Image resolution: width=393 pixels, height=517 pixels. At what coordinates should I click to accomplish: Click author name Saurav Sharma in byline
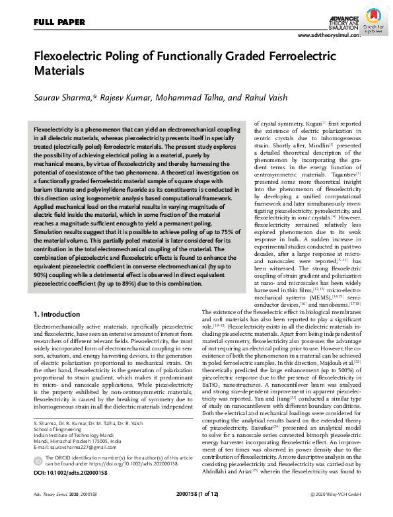[64, 97]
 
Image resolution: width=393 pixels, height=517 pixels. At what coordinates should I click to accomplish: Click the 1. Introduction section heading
[59, 314]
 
